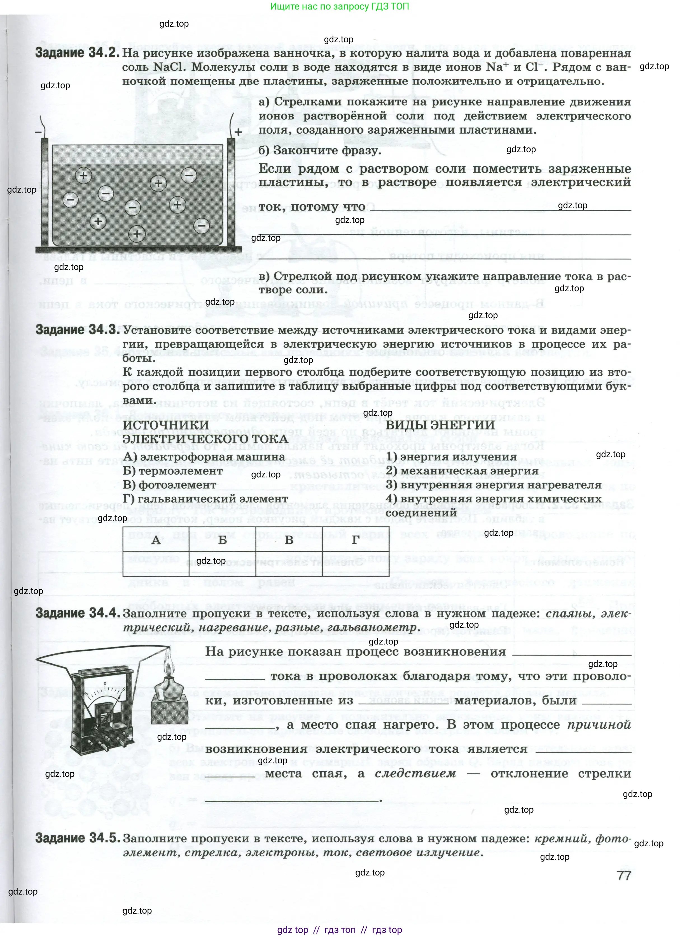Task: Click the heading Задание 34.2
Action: pyautogui.click(x=77, y=53)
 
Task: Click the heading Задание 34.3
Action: pyautogui.click(x=78, y=330)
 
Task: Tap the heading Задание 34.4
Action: pyautogui.click(x=78, y=613)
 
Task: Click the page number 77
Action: pyautogui.click(x=623, y=875)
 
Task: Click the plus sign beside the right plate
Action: pyautogui.click(x=238, y=132)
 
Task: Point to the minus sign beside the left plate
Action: pyautogui.click(x=38, y=132)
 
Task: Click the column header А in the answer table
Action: pyautogui.click(x=156, y=540)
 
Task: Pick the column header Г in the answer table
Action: pyautogui.click(x=355, y=540)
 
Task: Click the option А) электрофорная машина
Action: pyautogui.click(x=204, y=457)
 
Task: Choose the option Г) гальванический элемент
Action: pyautogui.click(x=205, y=499)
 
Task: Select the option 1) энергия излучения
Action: pyautogui.click(x=451, y=457)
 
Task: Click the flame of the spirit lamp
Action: pyautogui.click(x=167, y=667)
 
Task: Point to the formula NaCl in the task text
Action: pyautogui.click(x=170, y=67)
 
